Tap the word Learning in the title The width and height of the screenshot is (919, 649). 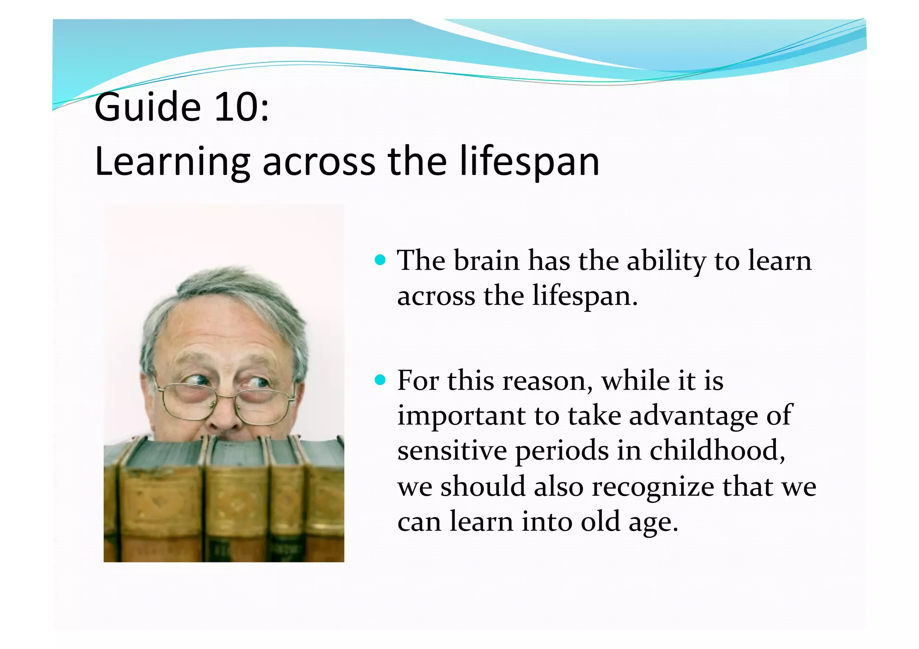coord(172,162)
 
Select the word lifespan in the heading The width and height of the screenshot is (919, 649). coord(530,162)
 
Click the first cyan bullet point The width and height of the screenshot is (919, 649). coord(380,260)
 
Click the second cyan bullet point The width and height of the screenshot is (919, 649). coord(380,380)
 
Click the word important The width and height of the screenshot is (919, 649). coord(461,416)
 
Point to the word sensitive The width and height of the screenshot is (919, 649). coord(452,450)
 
